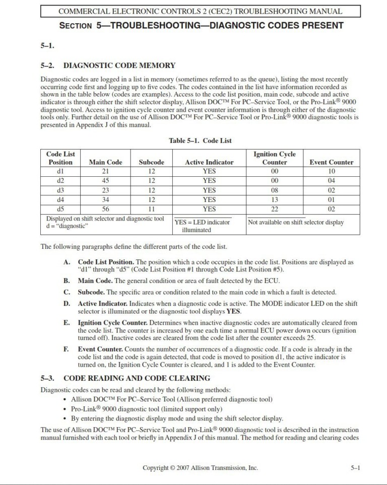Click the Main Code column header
click(105, 162)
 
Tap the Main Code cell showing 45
click(105, 181)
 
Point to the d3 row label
click(60, 190)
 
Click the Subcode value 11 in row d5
click(152, 209)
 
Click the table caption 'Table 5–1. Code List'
click(200, 141)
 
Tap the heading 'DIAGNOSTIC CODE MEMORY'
click(119, 65)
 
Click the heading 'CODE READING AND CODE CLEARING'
click(137, 378)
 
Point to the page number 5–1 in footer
click(355, 468)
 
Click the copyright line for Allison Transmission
click(200, 468)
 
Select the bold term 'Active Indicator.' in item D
click(103, 304)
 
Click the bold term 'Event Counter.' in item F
click(100, 349)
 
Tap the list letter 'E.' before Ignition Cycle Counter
click(67, 323)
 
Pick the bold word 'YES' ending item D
click(233, 311)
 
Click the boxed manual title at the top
click(200, 11)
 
